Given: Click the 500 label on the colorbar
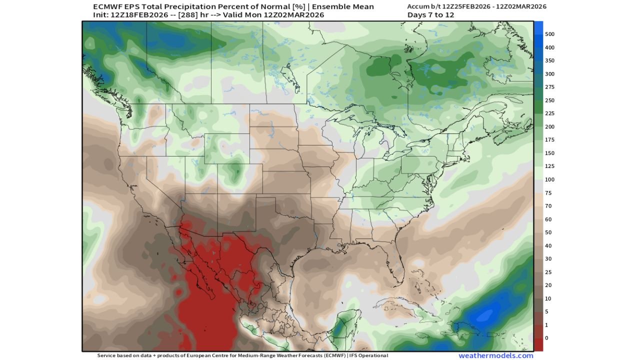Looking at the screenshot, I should (x=549, y=34).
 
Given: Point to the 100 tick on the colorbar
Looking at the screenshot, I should (x=549, y=179).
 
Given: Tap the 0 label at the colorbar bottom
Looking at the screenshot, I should (x=546, y=338).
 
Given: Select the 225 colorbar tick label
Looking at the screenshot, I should (x=549, y=113).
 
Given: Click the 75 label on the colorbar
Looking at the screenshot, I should (x=548, y=192).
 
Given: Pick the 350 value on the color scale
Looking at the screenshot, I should (x=549, y=60).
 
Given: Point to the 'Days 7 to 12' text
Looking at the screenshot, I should (x=430, y=15).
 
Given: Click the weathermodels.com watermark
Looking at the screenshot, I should (x=495, y=355).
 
